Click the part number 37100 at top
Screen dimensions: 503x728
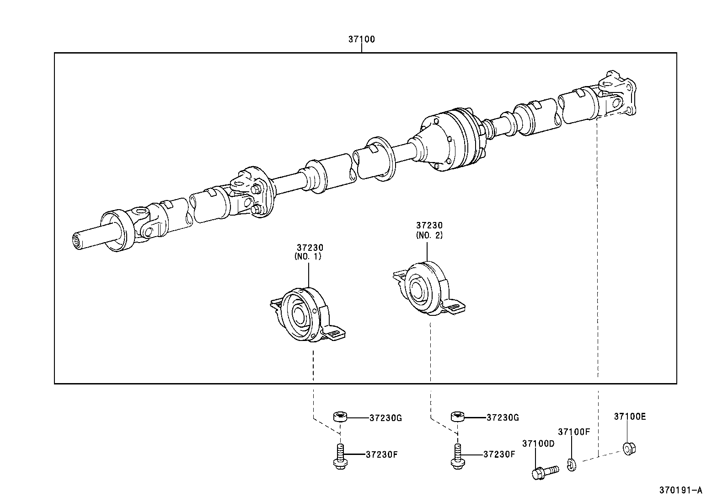click(361, 39)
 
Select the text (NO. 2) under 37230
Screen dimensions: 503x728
click(429, 235)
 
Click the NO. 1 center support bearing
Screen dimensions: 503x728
click(304, 315)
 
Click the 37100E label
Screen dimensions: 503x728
click(630, 417)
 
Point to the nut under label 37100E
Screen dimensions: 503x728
click(629, 448)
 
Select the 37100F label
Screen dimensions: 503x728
click(574, 432)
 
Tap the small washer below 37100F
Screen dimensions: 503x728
click(572, 465)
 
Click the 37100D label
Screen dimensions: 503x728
click(538, 444)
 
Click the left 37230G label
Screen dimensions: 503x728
click(385, 418)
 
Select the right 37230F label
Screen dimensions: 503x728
click(499, 454)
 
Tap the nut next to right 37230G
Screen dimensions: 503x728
click(458, 417)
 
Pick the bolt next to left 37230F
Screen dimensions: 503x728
click(340, 456)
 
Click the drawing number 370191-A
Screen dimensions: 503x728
click(680, 490)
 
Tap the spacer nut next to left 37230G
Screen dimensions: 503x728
click(339, 417)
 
